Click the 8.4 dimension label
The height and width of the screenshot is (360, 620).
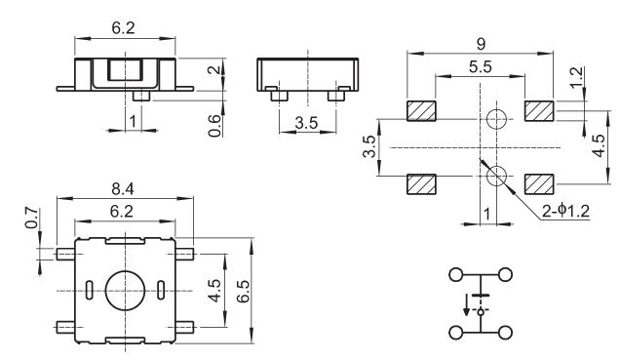123,189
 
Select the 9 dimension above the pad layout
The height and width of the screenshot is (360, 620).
481,44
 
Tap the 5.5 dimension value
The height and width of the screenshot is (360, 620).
481,67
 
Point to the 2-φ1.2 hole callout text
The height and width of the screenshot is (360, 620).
565,211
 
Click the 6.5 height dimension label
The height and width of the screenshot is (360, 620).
243,291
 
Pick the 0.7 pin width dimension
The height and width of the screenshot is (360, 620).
32,218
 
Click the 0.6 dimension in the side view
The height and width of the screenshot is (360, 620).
213,126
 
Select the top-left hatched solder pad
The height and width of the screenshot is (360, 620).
421,111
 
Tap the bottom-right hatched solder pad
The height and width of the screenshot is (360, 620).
539,184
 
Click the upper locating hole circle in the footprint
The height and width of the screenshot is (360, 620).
496,119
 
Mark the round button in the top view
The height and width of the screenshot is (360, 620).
126,291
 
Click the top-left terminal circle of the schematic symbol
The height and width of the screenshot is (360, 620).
455,274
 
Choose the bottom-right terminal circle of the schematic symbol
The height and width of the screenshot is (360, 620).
505,333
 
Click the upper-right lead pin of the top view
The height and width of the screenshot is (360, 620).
184,254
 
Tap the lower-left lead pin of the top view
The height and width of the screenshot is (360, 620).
65,327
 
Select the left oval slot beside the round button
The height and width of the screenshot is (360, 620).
90,291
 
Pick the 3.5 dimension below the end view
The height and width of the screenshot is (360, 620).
306,123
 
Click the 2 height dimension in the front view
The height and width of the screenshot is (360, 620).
213,69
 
